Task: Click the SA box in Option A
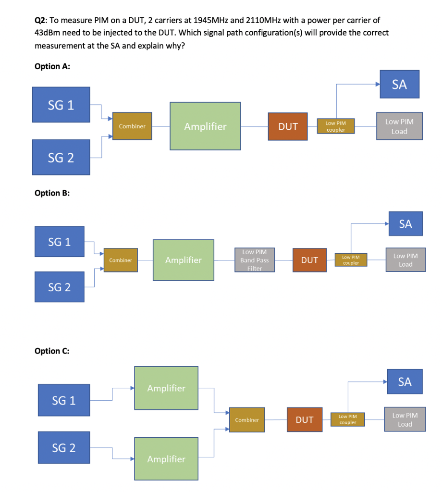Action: point(399,85)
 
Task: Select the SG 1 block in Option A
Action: point(61,105)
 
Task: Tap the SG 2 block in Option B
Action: point(59,287)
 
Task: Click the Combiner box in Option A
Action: point(132,126)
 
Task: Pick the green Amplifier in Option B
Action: point(184,260)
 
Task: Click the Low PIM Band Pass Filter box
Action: point(255,260)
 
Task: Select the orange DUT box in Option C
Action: point(305,419)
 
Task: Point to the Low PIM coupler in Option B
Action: point(351,260)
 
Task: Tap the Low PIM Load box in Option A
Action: point(399,127)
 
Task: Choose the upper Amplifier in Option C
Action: point(166,388)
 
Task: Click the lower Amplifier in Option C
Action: point(166,459)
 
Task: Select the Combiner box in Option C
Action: point(247,419)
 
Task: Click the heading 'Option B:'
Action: point(52,193)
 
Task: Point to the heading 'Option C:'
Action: point(52,351)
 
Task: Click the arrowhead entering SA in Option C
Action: point(384,382)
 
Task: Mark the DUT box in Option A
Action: point(288,126)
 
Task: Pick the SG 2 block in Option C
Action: point(64,448)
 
